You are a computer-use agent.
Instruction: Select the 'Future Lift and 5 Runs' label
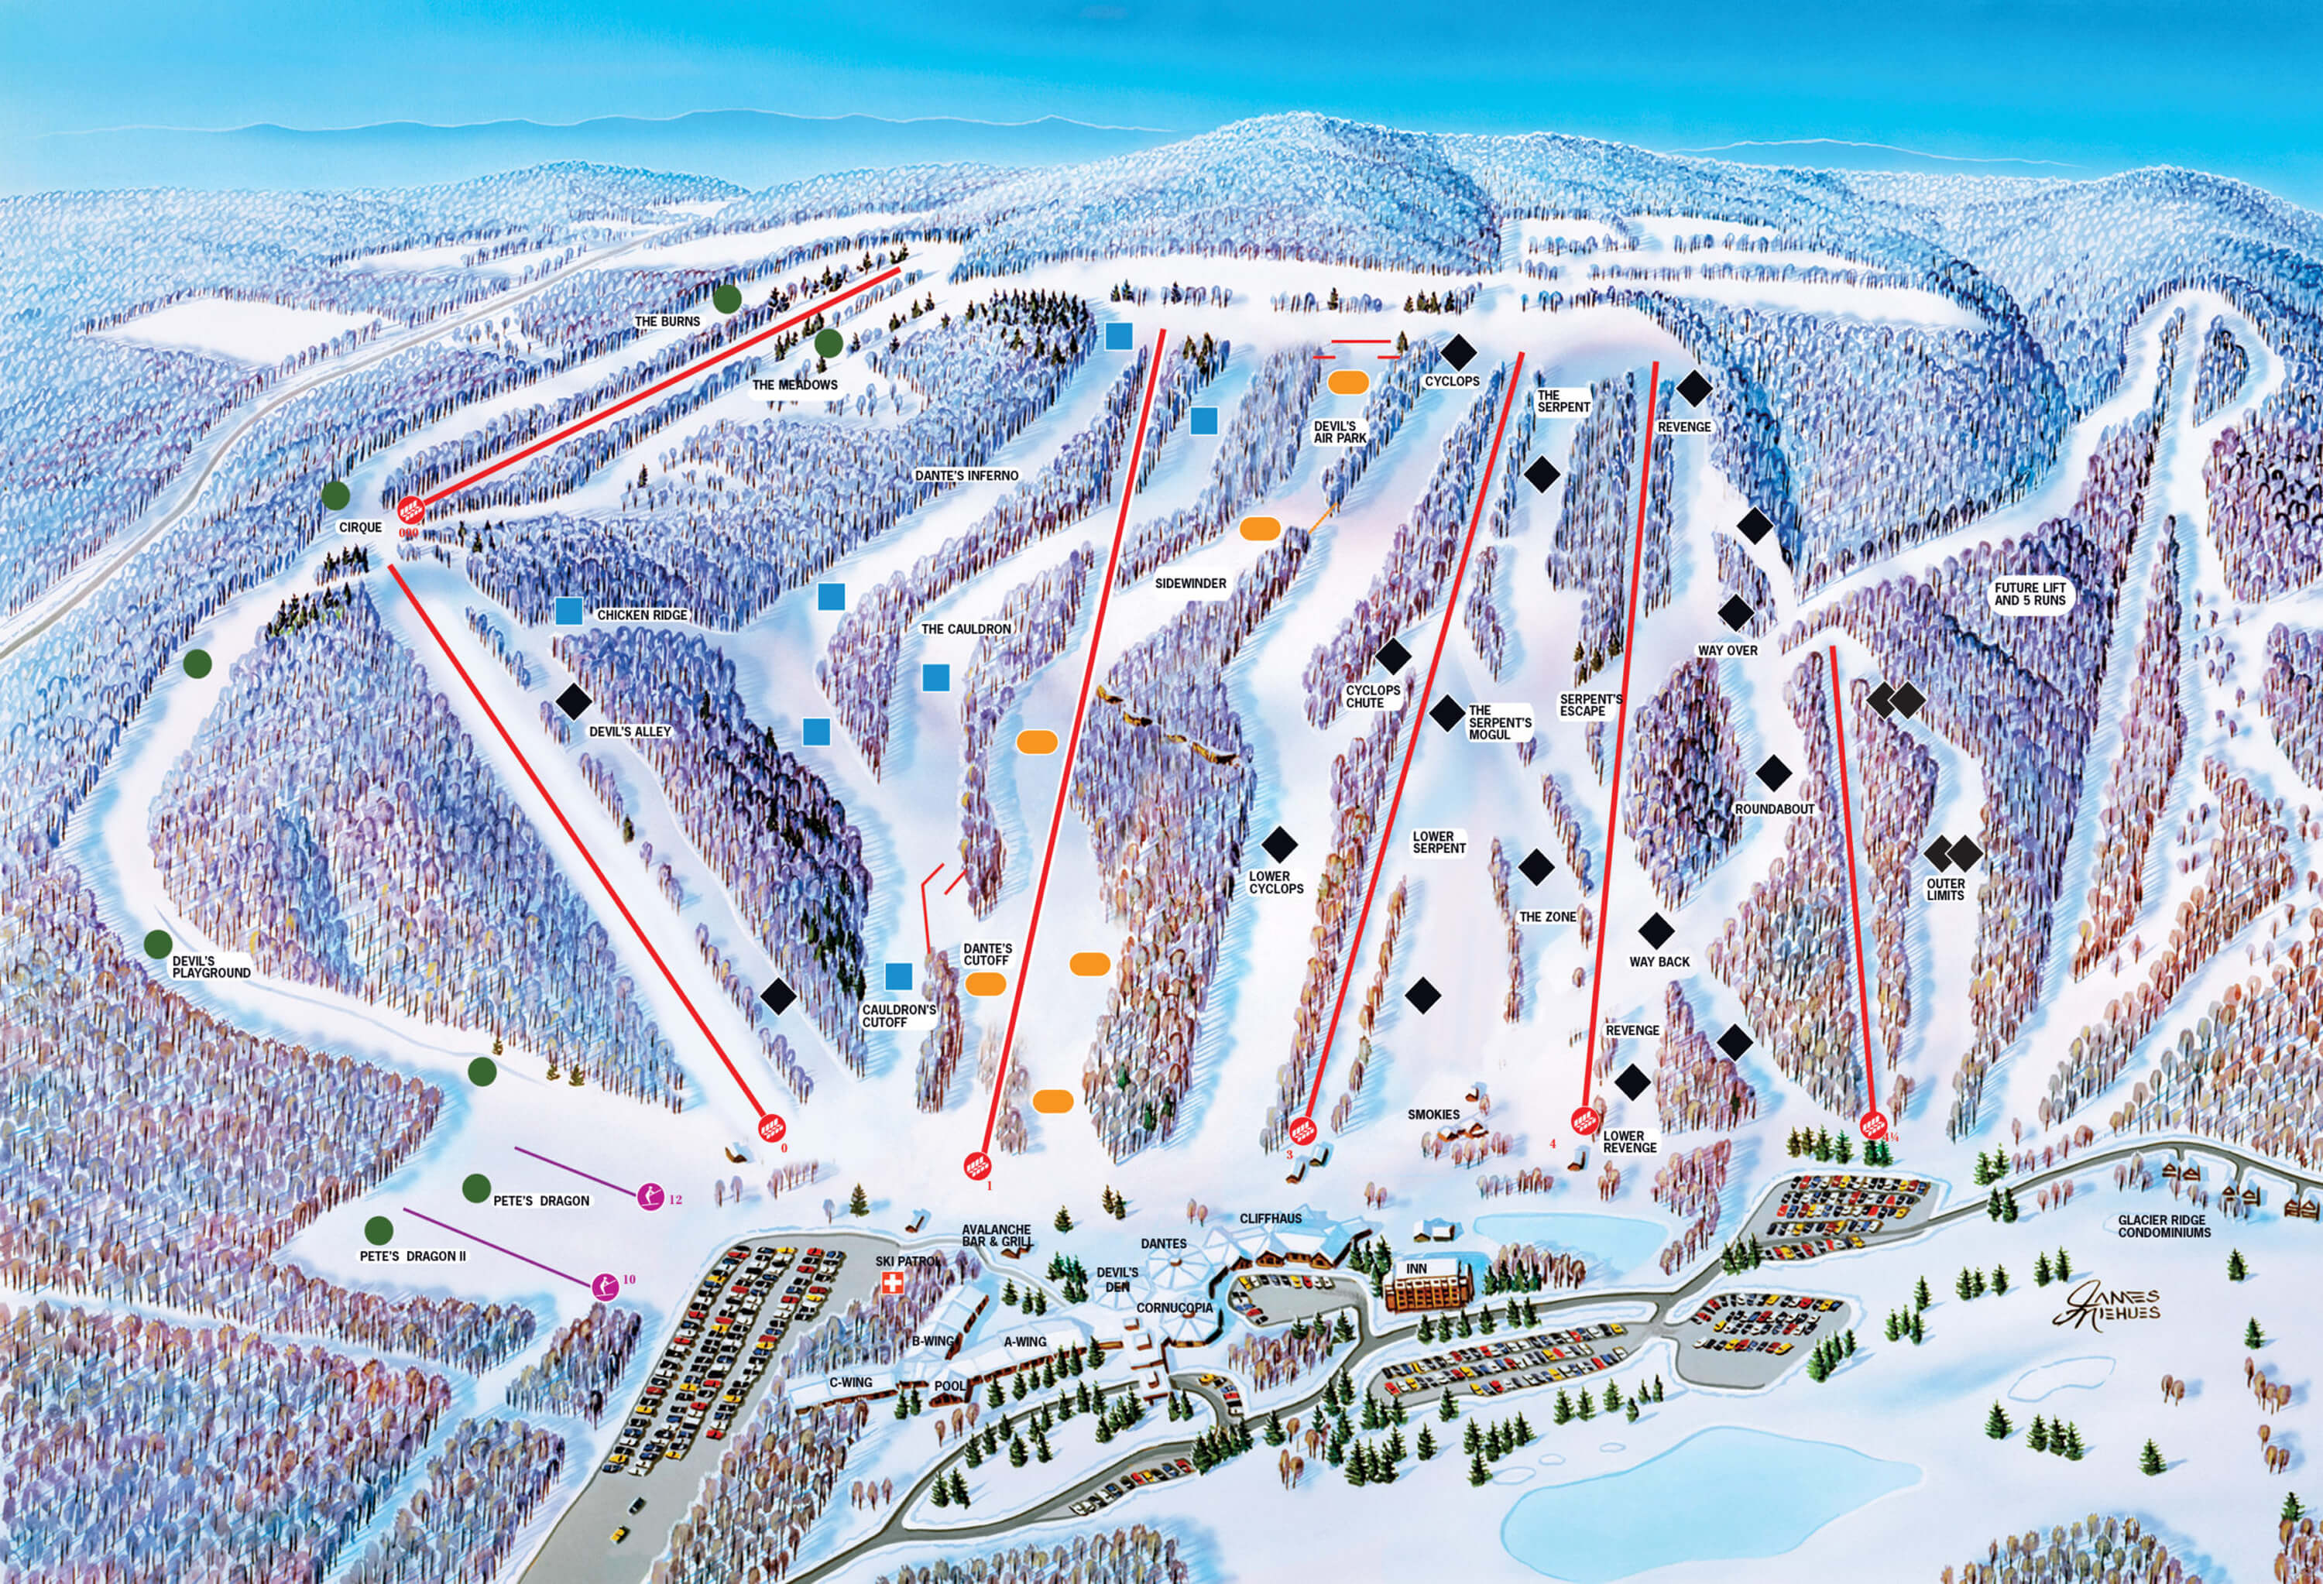coord(2029,595)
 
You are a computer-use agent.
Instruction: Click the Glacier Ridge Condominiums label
coord(2162,1226)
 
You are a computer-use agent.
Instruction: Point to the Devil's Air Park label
coord(1340,433)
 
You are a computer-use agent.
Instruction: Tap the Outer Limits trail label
coord(1945,890)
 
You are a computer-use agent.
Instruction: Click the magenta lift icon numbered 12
coord(650,1195)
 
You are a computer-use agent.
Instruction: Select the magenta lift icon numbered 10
coord(605,1286)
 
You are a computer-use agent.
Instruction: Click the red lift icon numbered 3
coord(1300,1131)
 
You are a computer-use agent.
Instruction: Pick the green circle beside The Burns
coord(726,298)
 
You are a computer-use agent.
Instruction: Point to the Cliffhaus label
coord(1271,1219)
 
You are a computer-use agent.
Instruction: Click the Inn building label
coord(1416,1269)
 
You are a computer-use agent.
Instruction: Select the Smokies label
coord(1433,1114)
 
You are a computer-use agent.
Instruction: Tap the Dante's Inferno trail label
coord(966,475)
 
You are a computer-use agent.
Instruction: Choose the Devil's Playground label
coord(211,966)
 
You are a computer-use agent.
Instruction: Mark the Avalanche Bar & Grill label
coord(997,1235)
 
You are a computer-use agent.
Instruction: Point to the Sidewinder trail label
coord(1190,584)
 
